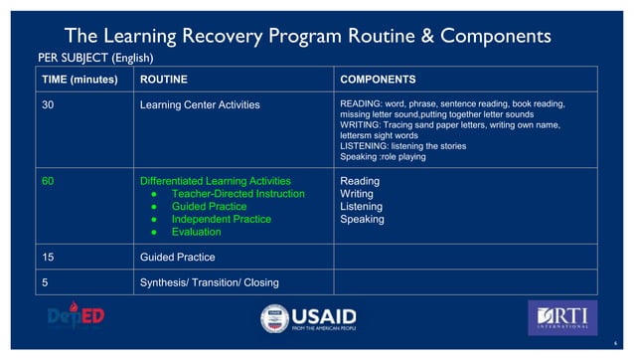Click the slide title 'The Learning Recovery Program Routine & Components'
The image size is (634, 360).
pos(307,36)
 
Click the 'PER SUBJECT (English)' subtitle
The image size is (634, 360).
pos(95,58)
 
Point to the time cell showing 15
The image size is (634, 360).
pos(47,257)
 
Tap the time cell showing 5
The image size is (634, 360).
pos(44,281)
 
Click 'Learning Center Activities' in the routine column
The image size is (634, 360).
pos(200,102)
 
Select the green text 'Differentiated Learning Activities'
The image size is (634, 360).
pos(216,182)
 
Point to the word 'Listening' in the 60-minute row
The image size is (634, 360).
pos(364,207)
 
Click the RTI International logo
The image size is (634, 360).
pos(561,318)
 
